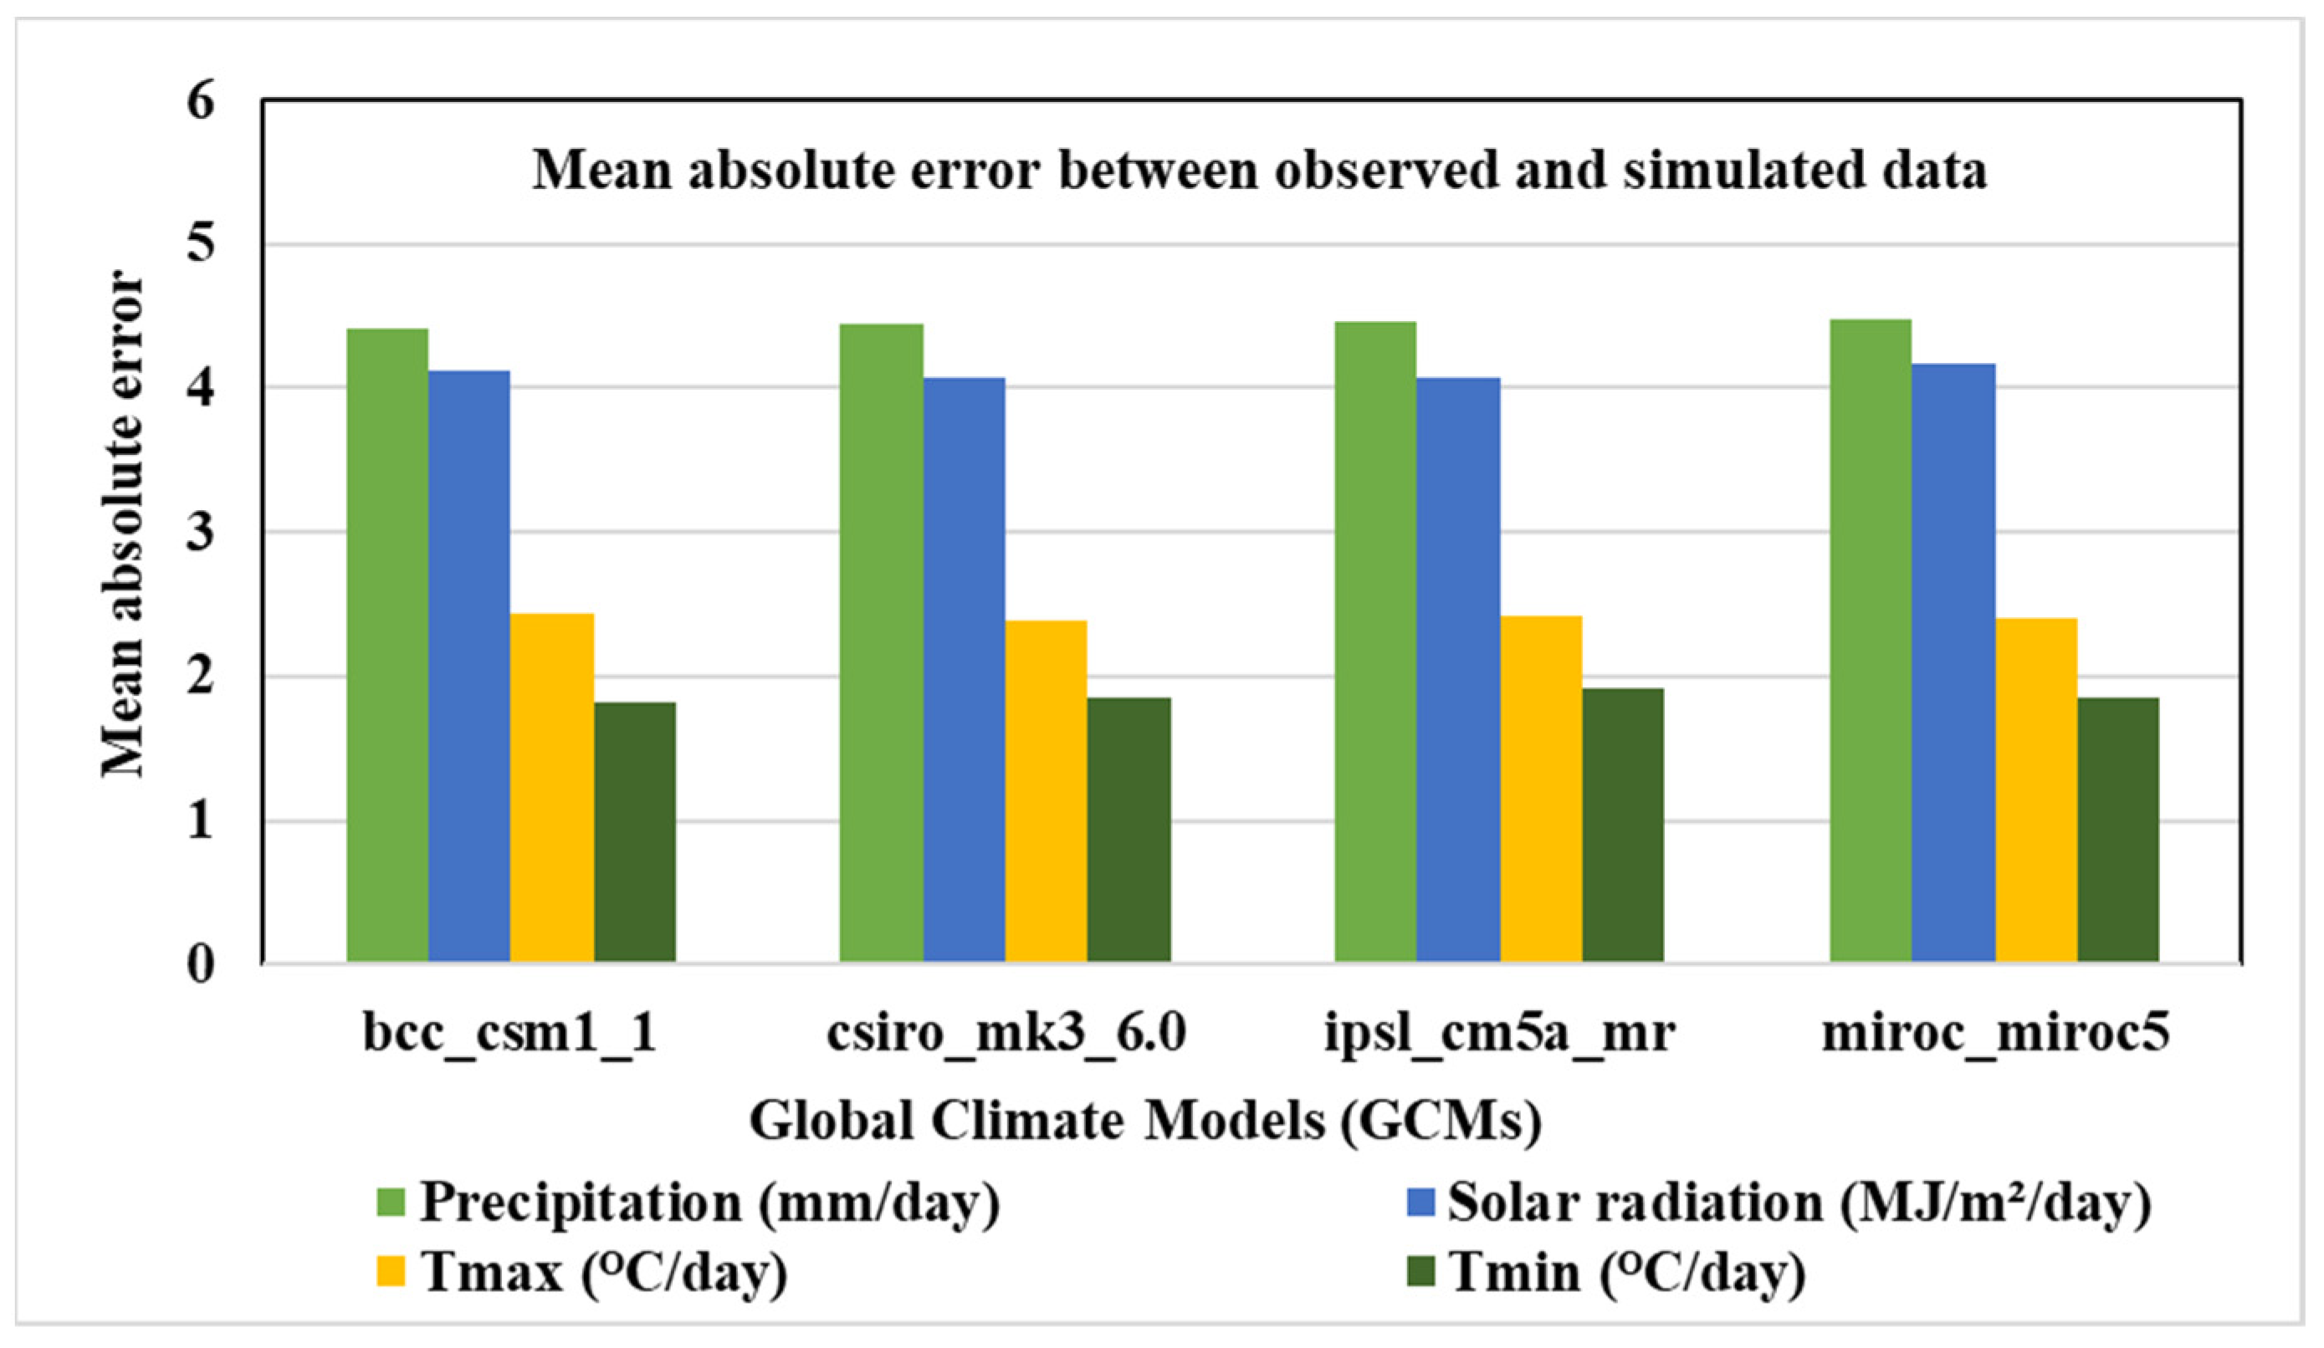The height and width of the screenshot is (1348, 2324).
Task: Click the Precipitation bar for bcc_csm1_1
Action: [x=387, y=646]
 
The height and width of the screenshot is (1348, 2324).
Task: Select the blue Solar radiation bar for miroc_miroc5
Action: [x=1953, y=663]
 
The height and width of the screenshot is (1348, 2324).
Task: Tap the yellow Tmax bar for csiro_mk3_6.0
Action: [x=1046, y=792]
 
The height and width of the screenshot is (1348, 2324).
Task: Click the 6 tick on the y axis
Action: [x=200, y=100]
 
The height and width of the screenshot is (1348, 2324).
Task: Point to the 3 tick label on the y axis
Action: [x=200, y=532]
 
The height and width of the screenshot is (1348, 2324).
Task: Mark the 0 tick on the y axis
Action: [x=200, y=964]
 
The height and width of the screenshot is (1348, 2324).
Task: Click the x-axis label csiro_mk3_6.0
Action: [x=1006, y=1033]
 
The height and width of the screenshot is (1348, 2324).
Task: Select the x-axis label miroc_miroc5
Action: [x=1996, y=1033]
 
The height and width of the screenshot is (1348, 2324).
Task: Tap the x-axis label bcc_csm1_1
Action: [x=510, y=1033]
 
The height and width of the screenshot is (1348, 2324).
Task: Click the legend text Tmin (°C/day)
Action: [x=1627, y=1273]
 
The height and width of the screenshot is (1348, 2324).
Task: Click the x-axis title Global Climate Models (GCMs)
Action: [x=1145, y=1121]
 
